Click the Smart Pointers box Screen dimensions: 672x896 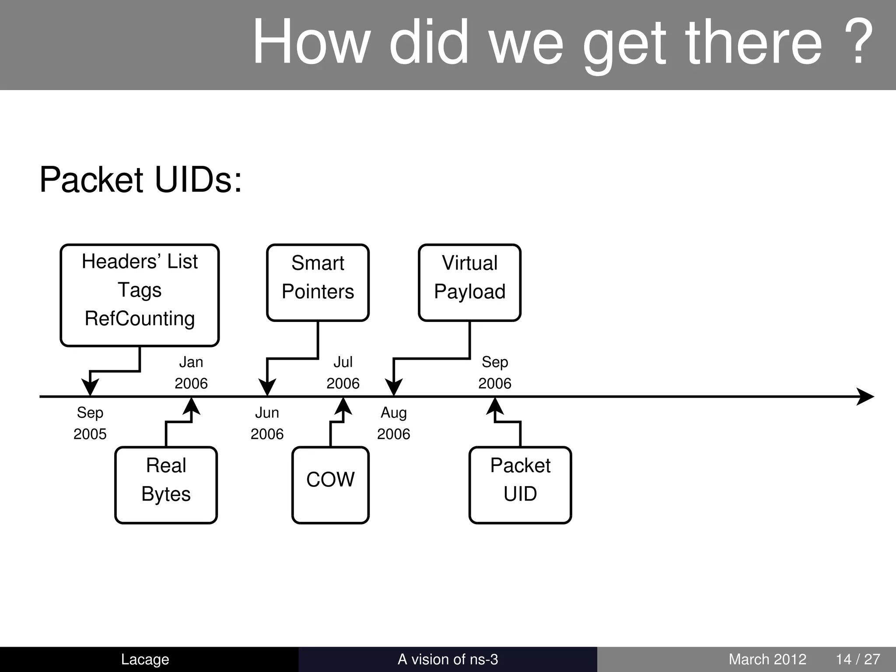318,283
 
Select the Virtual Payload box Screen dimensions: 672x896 469,283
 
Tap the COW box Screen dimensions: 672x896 330,485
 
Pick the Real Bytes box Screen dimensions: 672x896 166,485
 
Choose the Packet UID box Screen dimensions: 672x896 520,485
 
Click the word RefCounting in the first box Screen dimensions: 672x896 140,318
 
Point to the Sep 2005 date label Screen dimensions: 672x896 90,423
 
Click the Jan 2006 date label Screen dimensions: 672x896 191,372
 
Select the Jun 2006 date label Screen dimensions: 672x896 267,423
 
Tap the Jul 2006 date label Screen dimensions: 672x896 343,372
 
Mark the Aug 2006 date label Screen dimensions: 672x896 393,423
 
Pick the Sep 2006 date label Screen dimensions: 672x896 495,372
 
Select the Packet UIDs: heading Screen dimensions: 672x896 140,179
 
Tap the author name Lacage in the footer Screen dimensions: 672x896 145,659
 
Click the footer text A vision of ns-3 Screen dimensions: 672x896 448,659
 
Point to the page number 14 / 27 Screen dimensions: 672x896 858,659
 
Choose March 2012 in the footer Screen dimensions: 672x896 767,659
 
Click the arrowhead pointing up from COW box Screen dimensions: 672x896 343,406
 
